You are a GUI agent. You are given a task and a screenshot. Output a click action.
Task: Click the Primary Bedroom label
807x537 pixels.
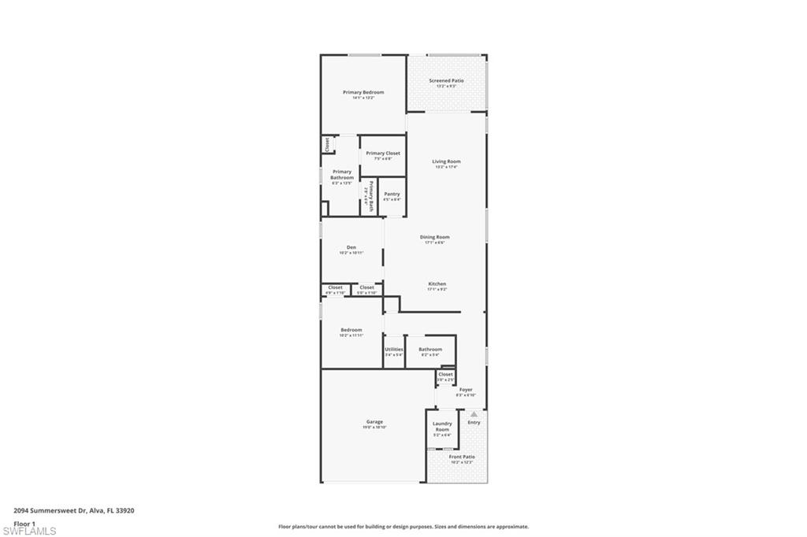click(x=363, y=93)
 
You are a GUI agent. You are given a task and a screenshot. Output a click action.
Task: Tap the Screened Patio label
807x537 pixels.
click(x=446, y=81)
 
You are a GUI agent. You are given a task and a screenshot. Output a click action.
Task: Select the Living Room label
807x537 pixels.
click(x=446, y=162)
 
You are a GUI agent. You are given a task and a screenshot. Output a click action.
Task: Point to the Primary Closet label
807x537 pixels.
click(x=383, y=154)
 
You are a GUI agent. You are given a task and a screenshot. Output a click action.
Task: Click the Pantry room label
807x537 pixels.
click(x=392, y=194)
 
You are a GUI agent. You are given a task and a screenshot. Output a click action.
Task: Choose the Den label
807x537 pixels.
click(x=351, y=248)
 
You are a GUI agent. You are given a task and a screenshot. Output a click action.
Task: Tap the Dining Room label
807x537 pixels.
click(x=434, y=237)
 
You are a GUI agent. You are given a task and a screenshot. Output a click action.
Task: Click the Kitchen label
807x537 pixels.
click(x=437, y=284)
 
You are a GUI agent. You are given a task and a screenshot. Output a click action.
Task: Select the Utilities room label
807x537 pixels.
click(x=394, y=350)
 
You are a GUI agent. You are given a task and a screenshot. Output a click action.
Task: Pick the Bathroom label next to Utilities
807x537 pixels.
click(x=430, y=350)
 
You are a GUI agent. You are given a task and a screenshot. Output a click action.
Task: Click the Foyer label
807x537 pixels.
click(x=466, y=390)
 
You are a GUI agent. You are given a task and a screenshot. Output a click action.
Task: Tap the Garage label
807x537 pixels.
click(x=374, y=422)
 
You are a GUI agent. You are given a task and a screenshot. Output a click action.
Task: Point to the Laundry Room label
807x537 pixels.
click(x=442, y=426)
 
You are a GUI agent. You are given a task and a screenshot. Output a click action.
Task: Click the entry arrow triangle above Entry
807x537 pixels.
click(x=474, y=413)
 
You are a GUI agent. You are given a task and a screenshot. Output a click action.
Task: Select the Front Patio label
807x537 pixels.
click(x=462, y=457)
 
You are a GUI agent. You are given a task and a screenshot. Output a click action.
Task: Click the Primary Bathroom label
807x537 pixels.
click(x=342, y=175)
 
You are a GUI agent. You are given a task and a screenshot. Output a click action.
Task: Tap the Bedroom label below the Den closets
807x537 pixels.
click(x=351, y=330)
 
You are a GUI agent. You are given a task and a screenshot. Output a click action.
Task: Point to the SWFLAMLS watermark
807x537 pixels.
click(x=29, y=531)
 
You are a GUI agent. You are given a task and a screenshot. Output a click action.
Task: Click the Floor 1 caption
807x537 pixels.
click(x=24, y=523)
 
